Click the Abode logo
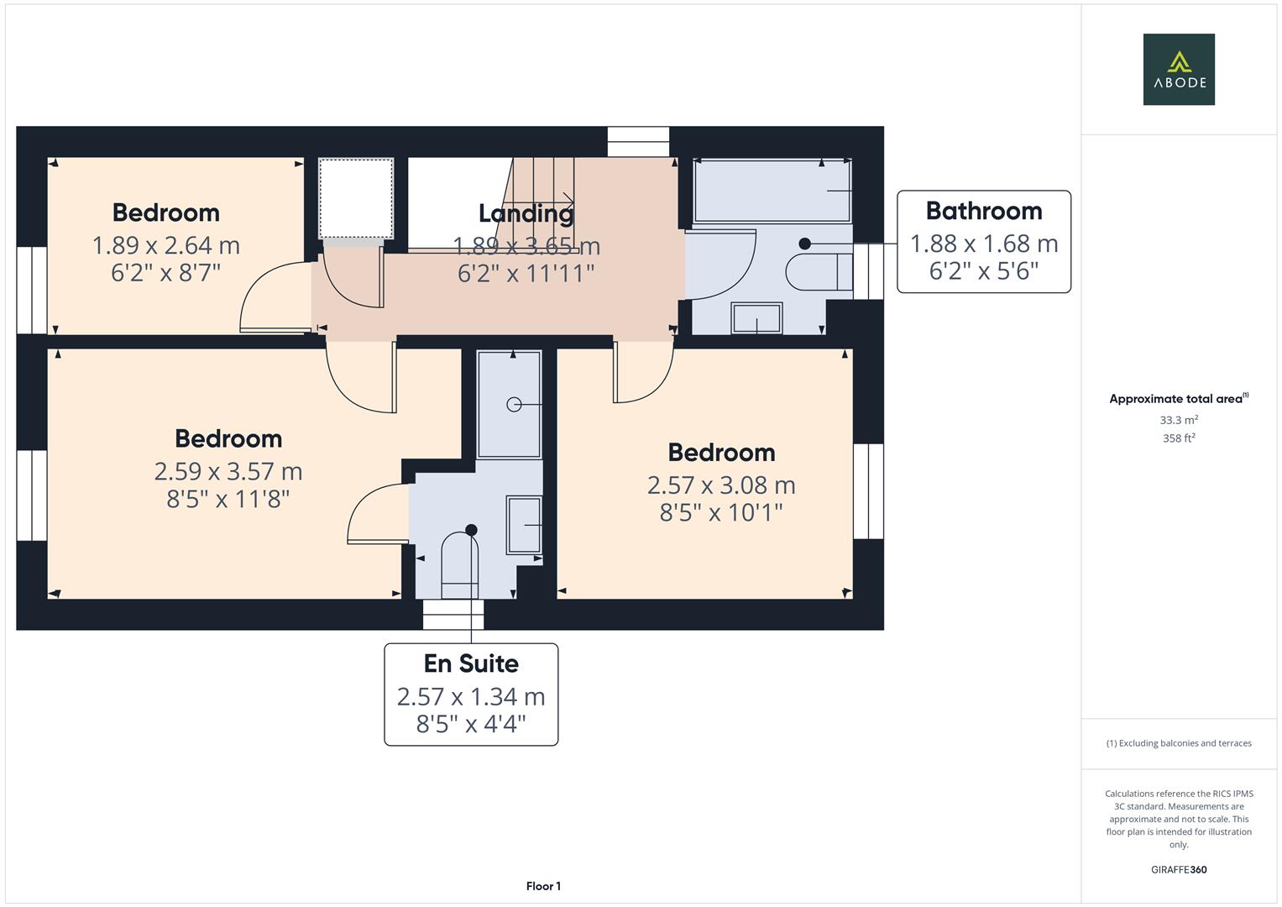click(x=1178, y=70)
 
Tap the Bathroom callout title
click(x=983, y=211)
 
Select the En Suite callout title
click(x=471, y=663)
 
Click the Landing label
click(x=526, y=213)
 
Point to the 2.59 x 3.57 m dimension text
click(x=228, y=471)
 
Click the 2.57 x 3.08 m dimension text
click(x=720, y=485)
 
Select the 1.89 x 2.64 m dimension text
click(x=165, y=245)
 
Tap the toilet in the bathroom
click(x=819, y=271)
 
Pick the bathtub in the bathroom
click(x=772, y=191)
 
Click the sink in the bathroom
click(x=756, y=318)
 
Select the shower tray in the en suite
click(x=509, y=404)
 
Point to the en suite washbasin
click(x=523, y=525)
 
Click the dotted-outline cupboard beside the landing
click(x=356, y=198)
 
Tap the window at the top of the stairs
click(x=638, y=142)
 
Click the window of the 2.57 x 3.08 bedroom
click(x=868, y=491)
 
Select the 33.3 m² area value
click(x=1178, y=420)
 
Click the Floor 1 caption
click(x=543, y=886)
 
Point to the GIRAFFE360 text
click(x=1178, y=869)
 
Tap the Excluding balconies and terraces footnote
click(x=1178, y=743)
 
